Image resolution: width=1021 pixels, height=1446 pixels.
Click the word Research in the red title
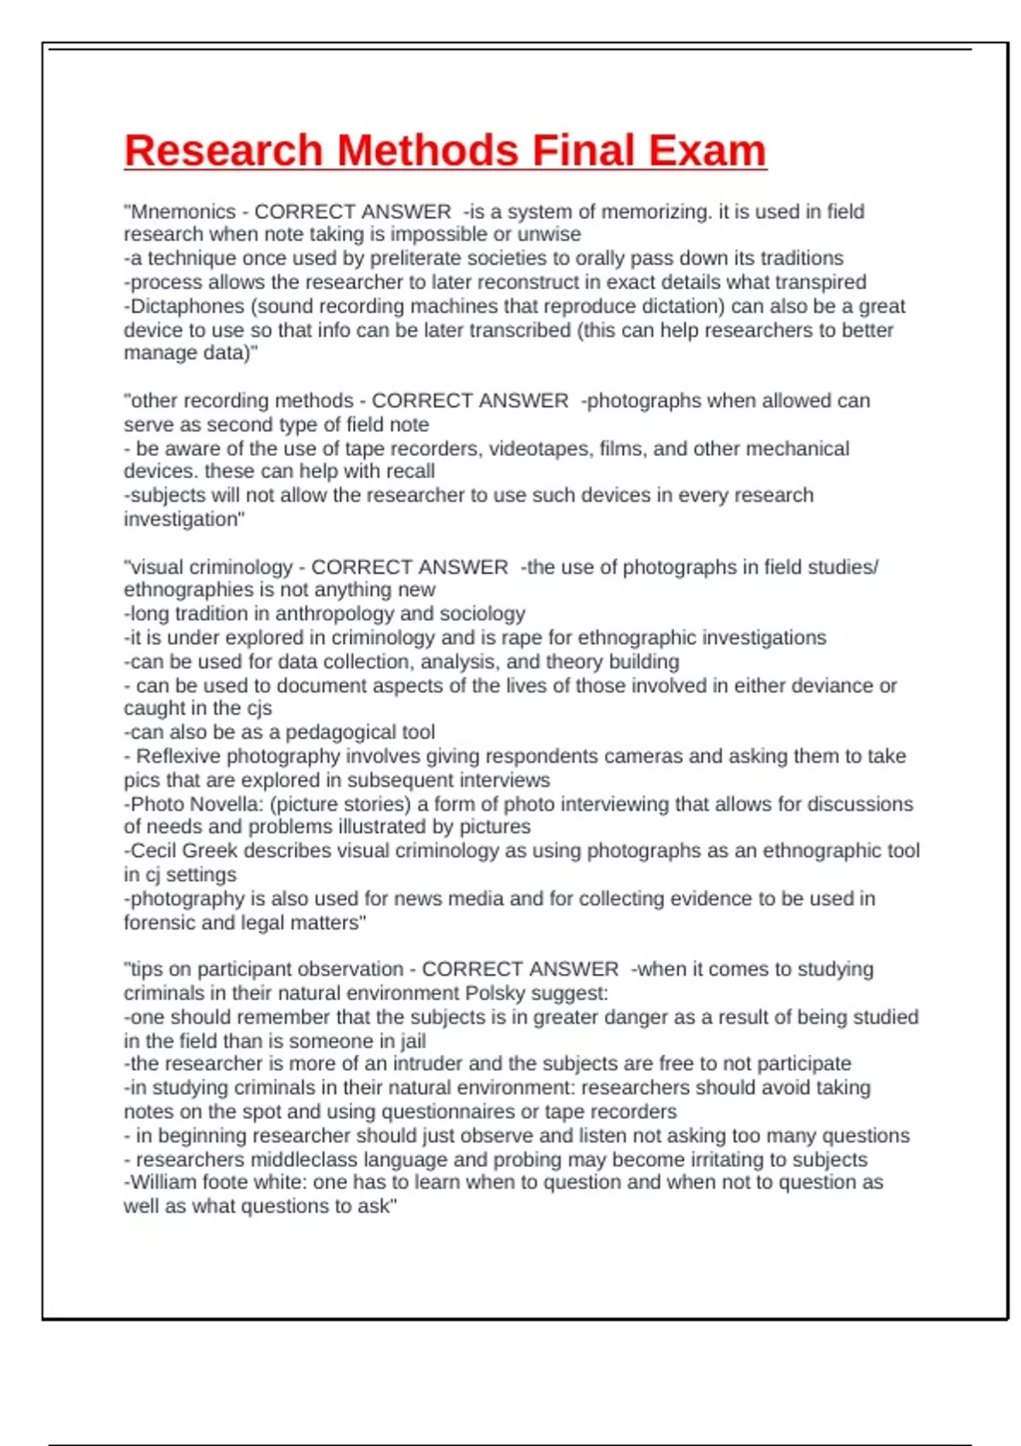(224, 151)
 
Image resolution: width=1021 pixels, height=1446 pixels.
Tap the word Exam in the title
(707, 151)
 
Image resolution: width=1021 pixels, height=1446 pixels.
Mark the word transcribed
(512, 330)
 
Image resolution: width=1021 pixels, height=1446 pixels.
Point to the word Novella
(229, 804)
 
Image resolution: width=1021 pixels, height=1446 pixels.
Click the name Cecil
(152, 851)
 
